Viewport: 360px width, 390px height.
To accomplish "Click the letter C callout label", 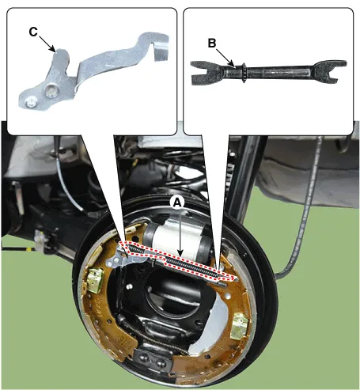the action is (x=33, y=32).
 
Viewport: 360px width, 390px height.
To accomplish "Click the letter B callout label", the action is (x=212, y=44).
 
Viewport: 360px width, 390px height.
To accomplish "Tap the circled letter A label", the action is (x=177, y=203).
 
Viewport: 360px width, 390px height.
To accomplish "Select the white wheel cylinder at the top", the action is (x=176, y=238).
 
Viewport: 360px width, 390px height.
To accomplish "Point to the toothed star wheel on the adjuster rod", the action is (x=244, y=73).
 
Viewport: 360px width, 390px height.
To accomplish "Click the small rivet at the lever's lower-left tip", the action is (x=31, y=101).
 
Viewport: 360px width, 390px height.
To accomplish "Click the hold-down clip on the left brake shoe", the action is (x=94, y=280).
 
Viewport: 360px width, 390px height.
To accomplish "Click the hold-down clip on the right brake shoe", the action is (x=239, y=326).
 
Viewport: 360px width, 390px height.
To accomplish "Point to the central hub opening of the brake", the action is (x=172, y=293).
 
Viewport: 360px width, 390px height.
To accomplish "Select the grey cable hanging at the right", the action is (x=307, y=211).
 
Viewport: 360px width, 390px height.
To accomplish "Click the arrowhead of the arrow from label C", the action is (x=54, y=50).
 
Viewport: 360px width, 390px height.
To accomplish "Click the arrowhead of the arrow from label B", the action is (x=232, y=63).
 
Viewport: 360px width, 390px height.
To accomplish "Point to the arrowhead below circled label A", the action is (x=180, y=253).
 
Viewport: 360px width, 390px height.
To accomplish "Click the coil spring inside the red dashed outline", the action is (x=192, y=267).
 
